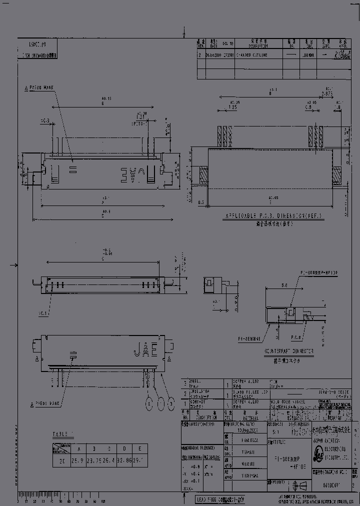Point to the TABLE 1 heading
62,434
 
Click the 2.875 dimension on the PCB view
327,93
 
